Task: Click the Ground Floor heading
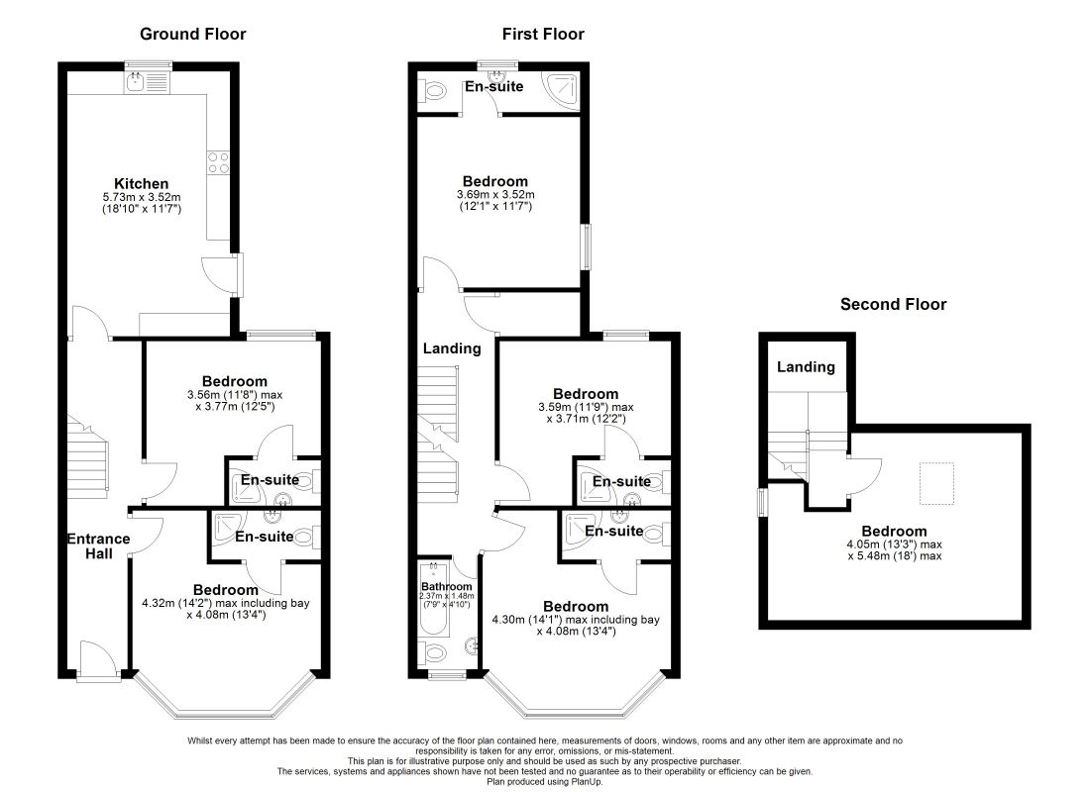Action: click(192, 34)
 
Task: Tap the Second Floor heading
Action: click(893, 304)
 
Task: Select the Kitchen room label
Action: click(141, 183)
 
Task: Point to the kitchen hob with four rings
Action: click(218, 163)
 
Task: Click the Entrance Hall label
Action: click(99, 546)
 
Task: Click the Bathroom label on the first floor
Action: click(446, 586)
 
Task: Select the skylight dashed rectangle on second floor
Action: click(937, 483)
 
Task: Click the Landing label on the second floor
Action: click(806, 367)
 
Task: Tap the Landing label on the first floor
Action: click(452, 348)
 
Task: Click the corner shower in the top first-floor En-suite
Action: click(562, 91)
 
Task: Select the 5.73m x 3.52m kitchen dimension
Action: click(141, 197)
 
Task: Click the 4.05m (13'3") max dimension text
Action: click(894, 544)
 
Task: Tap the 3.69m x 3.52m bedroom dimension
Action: click(495, 195)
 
